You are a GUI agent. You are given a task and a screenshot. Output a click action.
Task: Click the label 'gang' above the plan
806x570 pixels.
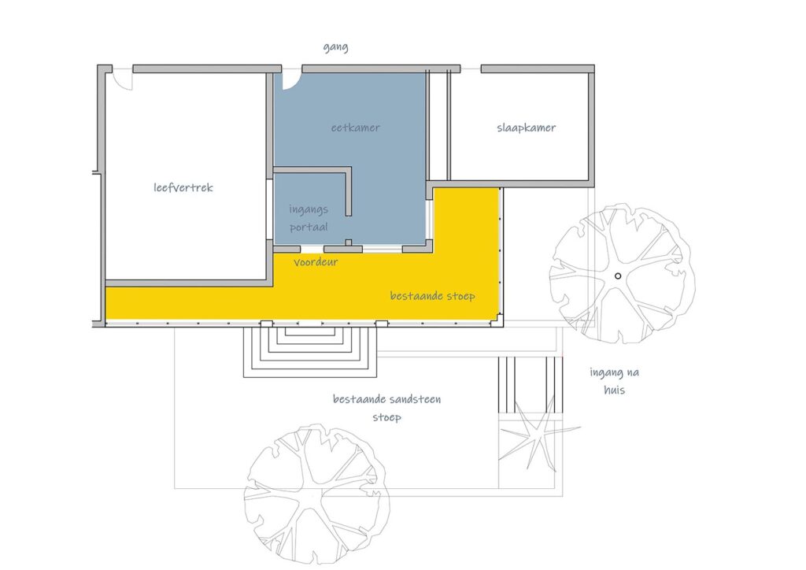pyautogui.click(x=335, y=47)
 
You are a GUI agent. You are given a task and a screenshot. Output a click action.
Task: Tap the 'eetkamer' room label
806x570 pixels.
pyautogui.click(x=355, y=128)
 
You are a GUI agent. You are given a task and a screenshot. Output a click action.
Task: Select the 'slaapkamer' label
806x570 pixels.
pyautogui.click(x=526, y=128)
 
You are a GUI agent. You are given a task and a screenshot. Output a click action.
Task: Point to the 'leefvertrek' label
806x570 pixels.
pyautogui.click(x=183, y=187)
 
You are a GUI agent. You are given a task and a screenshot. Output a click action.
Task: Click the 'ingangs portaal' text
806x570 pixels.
pyautogui.click(x=309, y=218)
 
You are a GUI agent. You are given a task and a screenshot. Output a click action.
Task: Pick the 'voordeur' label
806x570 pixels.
pyautogui.click(x=316, y=262)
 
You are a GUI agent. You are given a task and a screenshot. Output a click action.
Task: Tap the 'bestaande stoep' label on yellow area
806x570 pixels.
pyautogui.click(x=432, y=295)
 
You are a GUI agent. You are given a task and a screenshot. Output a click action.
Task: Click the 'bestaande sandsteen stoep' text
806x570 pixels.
pyautogui.click(x=386, y=408)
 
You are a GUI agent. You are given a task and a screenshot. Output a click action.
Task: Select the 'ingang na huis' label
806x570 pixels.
pyautogui.click(x=614, y=381)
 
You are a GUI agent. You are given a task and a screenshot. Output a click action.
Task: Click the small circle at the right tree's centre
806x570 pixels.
pyautogui.click(x=618, y=276)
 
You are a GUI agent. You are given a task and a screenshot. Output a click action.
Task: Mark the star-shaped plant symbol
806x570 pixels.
pyautogui.click(x=534, y=435)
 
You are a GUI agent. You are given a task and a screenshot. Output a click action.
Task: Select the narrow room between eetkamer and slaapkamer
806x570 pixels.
pyautogui.click(x=438, y=126)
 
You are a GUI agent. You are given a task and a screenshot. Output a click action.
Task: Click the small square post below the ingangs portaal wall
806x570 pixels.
pyautogui.click(x=349, y=242)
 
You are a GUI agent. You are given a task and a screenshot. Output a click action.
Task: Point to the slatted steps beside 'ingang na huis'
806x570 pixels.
pyautogui.click(x=530, y=385)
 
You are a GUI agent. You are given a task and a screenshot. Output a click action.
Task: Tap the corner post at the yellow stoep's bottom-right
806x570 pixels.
pyautogui.click(x=497, y=320)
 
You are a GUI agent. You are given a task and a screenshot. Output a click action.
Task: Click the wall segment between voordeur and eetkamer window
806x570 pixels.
pyautogui.click(x=343, y=250)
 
